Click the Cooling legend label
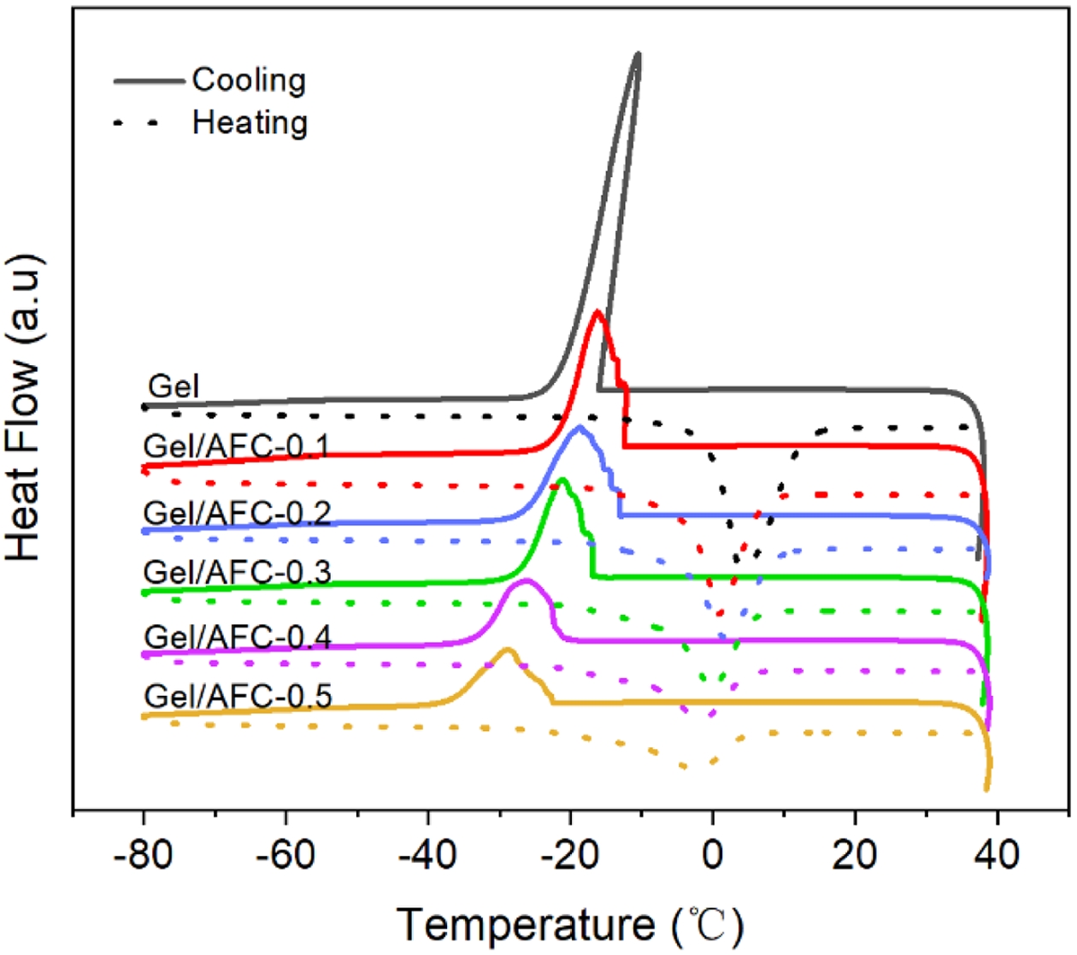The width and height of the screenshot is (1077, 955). coord(249,80)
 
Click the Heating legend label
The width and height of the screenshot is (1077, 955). coord(250,122)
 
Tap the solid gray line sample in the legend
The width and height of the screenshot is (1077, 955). coord(149,81)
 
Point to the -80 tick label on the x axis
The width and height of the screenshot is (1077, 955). coord(143,854)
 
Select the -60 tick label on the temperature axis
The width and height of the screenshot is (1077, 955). coord(285,854)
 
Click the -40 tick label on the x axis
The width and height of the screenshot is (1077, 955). coord(427,854)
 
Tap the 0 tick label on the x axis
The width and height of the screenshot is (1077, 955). coord(713,854)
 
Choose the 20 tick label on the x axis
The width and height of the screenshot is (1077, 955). coord(855,854)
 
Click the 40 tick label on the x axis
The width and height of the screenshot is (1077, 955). coord(997,854)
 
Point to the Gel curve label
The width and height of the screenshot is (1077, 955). coord(174,386)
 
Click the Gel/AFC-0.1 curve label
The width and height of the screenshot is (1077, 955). coord(237,446)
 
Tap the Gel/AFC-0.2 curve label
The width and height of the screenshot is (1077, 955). coord(237,513)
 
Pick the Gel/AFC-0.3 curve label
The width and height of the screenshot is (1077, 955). coord(237,572)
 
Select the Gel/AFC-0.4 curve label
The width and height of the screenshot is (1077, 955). coord(238,637)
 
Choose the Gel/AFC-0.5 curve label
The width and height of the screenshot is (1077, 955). coord(238,696)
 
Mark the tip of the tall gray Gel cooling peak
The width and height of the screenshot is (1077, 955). coord(637,55)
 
